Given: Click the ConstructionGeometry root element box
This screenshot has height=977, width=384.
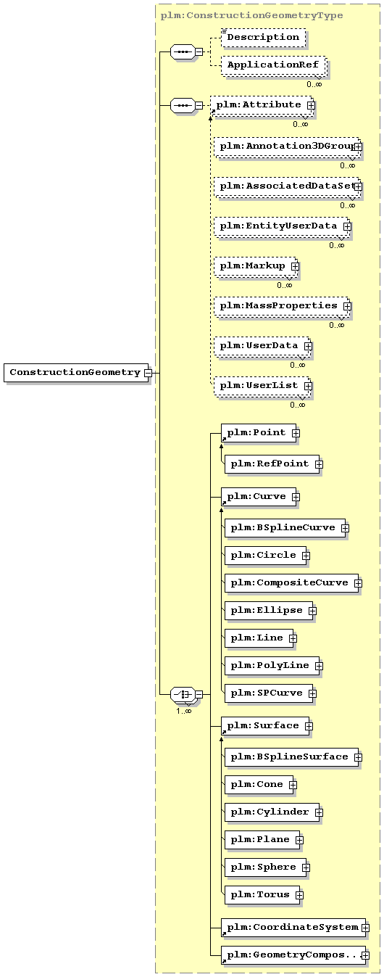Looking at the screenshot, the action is click(76, 373).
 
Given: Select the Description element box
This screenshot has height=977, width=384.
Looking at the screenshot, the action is click(263, 38).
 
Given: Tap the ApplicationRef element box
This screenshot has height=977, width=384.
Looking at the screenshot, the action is click(273, 65).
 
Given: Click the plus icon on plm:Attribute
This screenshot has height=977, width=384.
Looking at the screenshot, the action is click(311, 106).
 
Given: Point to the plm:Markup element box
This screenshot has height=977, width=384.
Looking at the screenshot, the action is click(256, 266).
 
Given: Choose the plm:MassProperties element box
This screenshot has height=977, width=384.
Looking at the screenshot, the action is click(282, 306).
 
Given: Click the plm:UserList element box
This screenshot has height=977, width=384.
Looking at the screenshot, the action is click(262, 386).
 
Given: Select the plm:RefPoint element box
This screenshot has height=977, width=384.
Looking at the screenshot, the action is click(273, 464).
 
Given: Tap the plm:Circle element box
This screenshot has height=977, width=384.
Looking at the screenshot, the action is click(267, 556).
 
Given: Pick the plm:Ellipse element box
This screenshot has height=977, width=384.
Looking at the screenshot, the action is click(270, 611).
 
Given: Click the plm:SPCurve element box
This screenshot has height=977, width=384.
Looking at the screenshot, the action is click(270, 693).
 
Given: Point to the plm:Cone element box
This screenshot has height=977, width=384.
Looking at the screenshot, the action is click(260, 785).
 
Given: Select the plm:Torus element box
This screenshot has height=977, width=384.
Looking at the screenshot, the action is click(263, 894).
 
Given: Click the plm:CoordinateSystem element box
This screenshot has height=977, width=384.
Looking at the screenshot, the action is click(294, 927).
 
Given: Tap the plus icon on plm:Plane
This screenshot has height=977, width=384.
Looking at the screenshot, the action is click(299, 840).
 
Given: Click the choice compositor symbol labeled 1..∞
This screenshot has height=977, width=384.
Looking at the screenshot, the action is click(183, 694).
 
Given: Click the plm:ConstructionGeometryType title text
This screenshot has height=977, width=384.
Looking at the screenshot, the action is click(251, 16).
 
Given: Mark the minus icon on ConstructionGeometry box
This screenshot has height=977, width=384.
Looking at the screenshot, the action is click(149, 373).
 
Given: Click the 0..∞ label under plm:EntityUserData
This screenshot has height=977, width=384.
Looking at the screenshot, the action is click(336, 246).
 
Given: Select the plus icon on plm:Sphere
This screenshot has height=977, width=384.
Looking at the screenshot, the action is click(306, 867).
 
